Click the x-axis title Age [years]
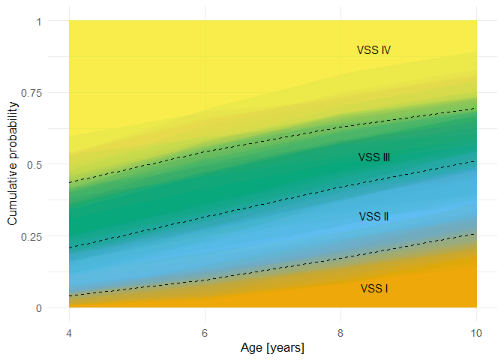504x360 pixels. [x=272, y=348]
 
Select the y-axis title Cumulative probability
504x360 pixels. [x=12, y=164]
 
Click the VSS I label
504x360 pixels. [x=373, y=289]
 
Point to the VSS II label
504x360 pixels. [x=373, y=217]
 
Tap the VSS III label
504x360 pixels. [x=373, y=157]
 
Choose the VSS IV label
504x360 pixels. [x=373, y=50]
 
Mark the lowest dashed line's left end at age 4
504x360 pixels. [x=69, y=296]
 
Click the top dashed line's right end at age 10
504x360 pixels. [x=476, y=109]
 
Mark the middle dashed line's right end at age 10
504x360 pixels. [x=476, y=161]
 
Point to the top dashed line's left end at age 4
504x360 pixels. [x=69, y=183]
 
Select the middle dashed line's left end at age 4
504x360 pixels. [x=69, y=248]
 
